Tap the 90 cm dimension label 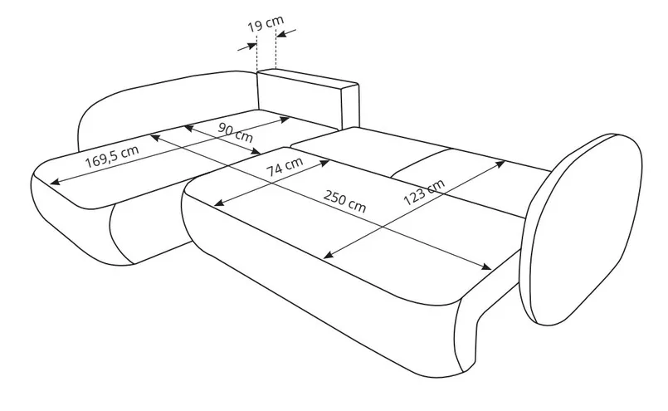(x=236, y=133)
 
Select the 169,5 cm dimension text (x=111, y=154)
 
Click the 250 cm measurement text (x=342, y=203)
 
